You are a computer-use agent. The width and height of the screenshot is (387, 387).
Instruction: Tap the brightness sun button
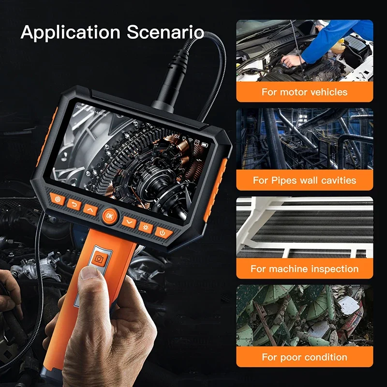point(146,226)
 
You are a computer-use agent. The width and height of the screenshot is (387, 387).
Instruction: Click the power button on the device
point(164,233)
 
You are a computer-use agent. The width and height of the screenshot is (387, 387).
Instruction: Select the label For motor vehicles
point(305,91)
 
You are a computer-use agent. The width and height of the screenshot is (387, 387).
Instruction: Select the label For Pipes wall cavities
point(305,180)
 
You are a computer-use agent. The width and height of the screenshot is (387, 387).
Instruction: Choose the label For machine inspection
point(305,269)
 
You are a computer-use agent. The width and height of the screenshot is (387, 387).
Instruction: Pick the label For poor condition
point(305,357)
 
